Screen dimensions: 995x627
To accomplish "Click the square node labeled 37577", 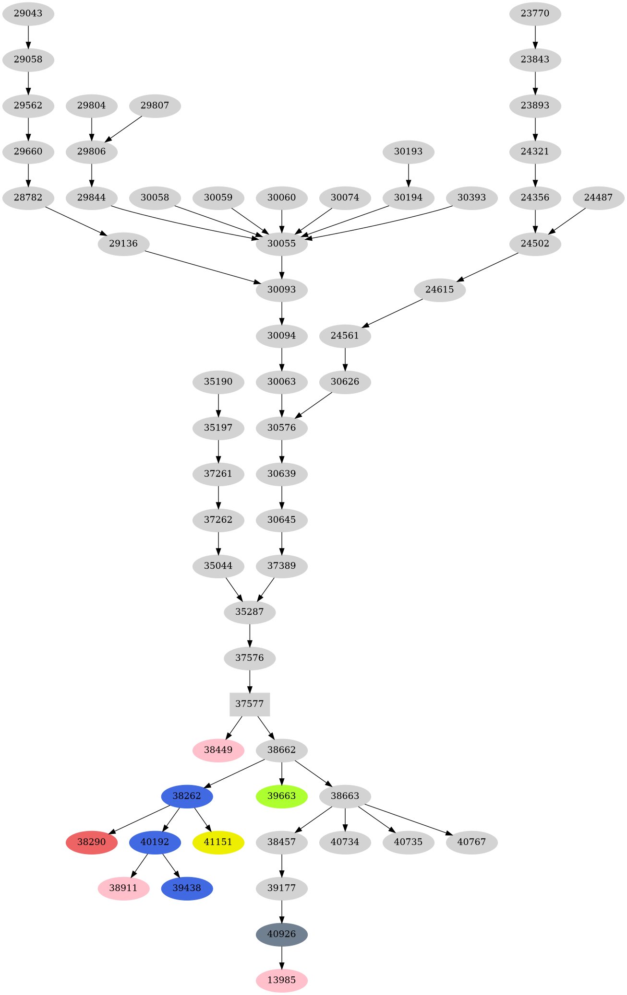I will pyautogui.click(x=250, y=704).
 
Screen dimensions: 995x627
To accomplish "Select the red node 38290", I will pyautogui.click(x=91, y=842).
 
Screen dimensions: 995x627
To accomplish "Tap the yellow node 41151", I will pyautogui.click(x=218, y=842).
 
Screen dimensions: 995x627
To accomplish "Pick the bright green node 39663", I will pyautogui.click(x=281, y=796).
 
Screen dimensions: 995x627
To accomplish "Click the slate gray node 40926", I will pyautogui.click(x=281, y=934).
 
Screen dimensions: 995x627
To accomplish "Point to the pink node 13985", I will pyautogui.click(x=281, y=980).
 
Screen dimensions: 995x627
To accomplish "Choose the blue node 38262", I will pyautogui.click(x=187, y=796).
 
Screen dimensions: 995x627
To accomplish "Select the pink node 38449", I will pyautogui.click(x=218, y=750).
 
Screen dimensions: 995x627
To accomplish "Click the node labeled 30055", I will pyautogui.click(x=281, y=244).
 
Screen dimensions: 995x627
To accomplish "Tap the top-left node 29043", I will pyautogui.click(x=28, y=13).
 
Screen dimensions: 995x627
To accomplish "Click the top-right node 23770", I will pyautogui.click(x=535, y=13).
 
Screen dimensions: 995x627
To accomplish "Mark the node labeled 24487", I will pyautogui.click(x=598, y=198).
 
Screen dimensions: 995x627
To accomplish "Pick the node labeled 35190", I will pyautogui.click(x=218, y=382).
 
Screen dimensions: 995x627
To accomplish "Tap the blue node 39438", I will pyautogui.click(x=187, y=888).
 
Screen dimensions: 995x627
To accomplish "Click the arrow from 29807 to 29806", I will pyautogui.click(x=124, y=128).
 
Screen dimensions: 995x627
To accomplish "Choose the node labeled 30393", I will pyautogui.click(x=471, y=198).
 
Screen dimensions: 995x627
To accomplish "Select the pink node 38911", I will pyautogui.click(x=123, y=888).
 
